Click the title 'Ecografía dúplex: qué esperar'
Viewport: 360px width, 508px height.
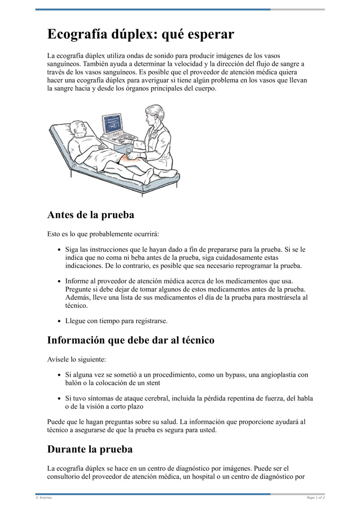141,35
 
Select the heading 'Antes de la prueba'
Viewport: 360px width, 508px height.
90,215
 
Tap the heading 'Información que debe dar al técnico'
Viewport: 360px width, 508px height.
130,340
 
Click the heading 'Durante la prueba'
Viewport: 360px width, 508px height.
90,449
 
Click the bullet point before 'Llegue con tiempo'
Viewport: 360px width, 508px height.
60,321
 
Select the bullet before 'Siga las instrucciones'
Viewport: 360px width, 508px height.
60,250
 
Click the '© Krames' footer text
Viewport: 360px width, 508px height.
44,498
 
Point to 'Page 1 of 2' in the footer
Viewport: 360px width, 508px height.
315,498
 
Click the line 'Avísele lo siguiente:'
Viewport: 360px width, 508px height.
76,360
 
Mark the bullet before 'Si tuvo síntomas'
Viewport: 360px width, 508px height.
60,398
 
